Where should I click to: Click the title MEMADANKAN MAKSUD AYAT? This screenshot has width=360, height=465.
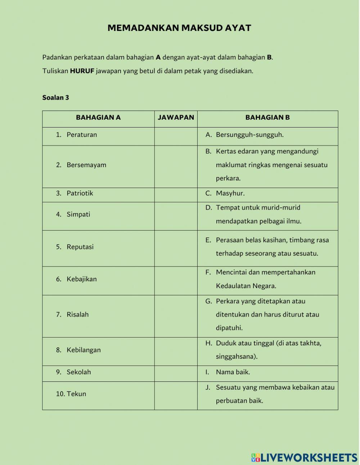pos(179,28)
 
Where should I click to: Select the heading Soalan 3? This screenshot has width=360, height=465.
pos(55,98)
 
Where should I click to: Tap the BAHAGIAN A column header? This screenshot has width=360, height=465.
pos(98,117)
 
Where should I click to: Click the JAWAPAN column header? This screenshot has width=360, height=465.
pos(176,117)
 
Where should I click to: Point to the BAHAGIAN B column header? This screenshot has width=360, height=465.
pos(267,117)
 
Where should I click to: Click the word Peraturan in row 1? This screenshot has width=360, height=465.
pos(82,135)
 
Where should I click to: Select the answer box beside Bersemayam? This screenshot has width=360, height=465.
pos(176,166)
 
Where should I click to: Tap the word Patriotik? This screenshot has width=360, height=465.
pos(80,193)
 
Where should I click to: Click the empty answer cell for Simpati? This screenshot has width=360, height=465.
pos(176,216)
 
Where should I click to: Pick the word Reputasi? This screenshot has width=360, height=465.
pos(80,247)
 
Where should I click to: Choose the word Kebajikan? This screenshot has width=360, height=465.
pos(82,279)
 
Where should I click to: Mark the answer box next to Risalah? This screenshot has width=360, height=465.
pos(176,316)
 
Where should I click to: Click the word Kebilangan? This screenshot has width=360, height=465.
pos(84,350)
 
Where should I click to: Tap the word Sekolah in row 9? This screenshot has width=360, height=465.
pos(78,372)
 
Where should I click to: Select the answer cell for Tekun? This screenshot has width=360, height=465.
pos(176,395)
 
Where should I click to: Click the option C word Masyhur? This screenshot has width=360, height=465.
pos(230,193)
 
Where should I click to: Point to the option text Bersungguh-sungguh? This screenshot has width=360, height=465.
pos(249,135)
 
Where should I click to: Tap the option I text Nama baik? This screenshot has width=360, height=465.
pos(233,372)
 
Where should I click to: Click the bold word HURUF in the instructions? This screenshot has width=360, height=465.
pos(82,71)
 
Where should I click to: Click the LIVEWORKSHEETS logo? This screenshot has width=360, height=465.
pos(304,457)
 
